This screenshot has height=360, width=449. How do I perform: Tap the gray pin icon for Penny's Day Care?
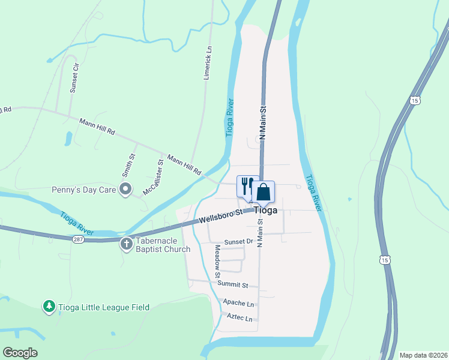pos(125,190)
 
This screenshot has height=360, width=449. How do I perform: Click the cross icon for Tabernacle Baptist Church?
pos(126,243)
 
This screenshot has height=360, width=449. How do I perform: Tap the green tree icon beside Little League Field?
pos(49,307)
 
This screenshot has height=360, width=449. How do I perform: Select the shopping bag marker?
pos(264,193)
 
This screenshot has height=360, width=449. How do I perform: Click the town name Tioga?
pos(265,211)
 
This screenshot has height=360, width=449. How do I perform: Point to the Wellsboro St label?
pos(220,214)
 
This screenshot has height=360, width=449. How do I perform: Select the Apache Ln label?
pos(238,303)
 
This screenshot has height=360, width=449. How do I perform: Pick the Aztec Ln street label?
pos(240,316)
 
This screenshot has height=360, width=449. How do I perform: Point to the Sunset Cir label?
pos(74,78)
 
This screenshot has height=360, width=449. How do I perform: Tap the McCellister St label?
pos(153,178)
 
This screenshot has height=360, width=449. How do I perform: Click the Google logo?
pos(20,352)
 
